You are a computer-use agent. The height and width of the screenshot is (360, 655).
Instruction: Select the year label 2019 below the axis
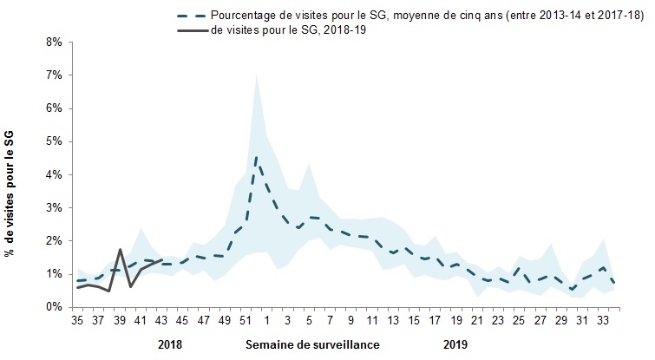click(x=455, y=344)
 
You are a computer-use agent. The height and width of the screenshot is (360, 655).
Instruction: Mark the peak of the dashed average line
click(x=256, y=157)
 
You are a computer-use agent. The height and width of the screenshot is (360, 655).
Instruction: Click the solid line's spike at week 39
click(x=120, y=250)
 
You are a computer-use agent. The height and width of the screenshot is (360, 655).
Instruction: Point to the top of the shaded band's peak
click(x=256, y=75)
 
